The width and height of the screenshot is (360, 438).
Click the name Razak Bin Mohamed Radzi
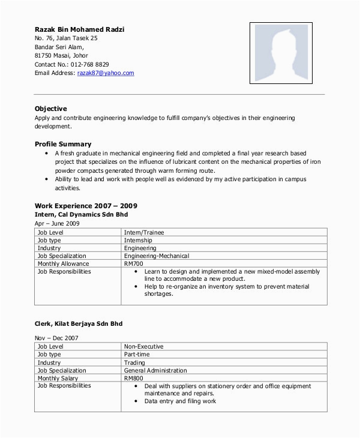pyautogui.click(x=80, y=29)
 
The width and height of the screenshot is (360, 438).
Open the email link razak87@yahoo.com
pyautogui.click(x=106, y=73)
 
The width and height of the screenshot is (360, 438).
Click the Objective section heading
pyautogui.click(x=51, y=109)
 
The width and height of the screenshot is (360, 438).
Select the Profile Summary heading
pyautogui.click(x=63, y=144)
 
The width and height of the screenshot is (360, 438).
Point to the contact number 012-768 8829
pyautogui.click(x=89, y=64)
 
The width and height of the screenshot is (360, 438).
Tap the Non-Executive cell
pyautogui.click(x=144, y=347)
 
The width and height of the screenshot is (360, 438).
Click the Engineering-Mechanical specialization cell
pyautogui.click(x=156, y=256)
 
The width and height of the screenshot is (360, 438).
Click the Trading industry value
pyautogui.click(x=134, y=362)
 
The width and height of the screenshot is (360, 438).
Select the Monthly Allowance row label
pyautogui.click(x=63, y=263)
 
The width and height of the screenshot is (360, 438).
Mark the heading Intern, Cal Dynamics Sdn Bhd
pyautogui.click(x=81, y=214)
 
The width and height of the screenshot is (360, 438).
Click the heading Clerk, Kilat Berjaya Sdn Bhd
pyautogui.click(x=79, y=323)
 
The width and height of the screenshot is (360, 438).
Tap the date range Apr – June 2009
pyautogui.click(x=57, y=223)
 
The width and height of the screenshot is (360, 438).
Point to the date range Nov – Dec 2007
pyautogui.click(x=56, y=338)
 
